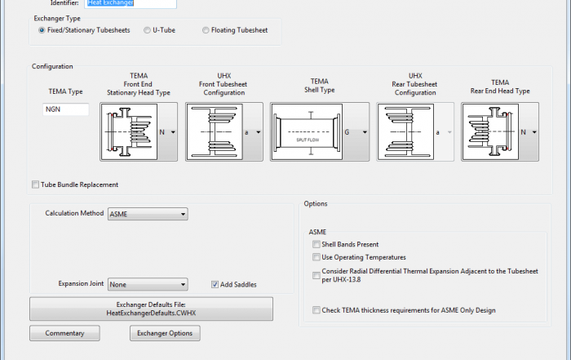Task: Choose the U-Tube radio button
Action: (x=147, y=30)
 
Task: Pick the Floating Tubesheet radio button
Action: (x=206, y=30)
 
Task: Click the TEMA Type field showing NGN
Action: (x=66, y=109)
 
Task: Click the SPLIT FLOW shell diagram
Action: (x=312, y=131)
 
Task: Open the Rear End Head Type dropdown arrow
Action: (x=534, y=131)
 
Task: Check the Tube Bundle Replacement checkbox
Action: (x=35, y=184)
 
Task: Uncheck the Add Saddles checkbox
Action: (x=215, y=284)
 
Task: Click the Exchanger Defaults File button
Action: (x=151, y=308)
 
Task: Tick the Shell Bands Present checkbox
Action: (x=316, y=244)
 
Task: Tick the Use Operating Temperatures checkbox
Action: (x=316, y=257)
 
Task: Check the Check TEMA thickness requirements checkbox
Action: (x=316, y=310)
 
